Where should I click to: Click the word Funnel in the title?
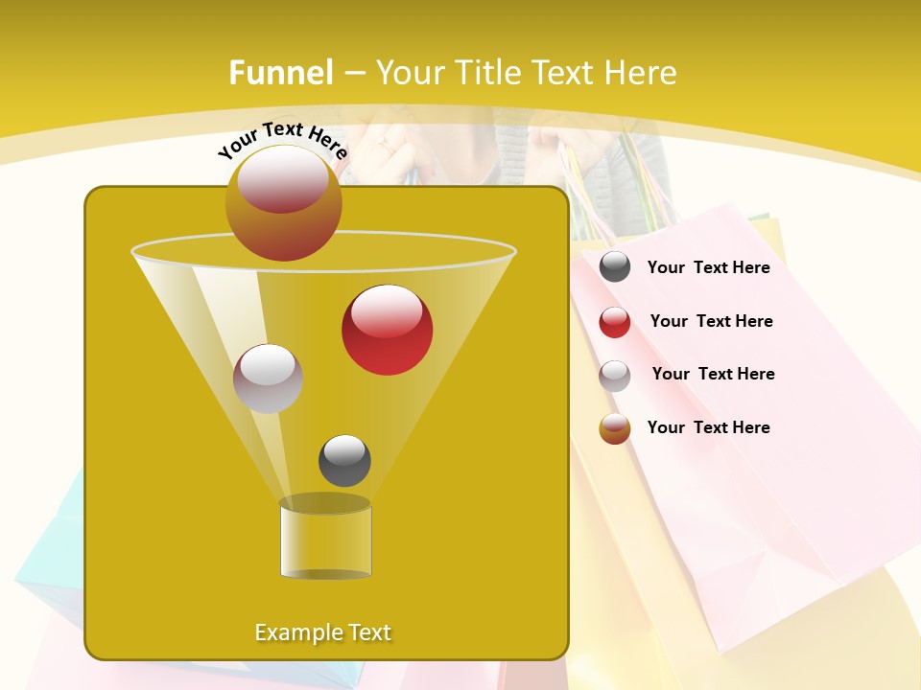(x=280, y=73)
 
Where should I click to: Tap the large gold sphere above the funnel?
(x=283, y=203)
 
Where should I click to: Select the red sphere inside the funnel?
(x=387, y=330)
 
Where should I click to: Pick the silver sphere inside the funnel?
(x=268, y=379)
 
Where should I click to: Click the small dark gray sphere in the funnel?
(x=344, y=460)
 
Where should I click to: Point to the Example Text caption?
(x=322, y=632)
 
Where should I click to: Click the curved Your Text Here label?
(x=282, y=139)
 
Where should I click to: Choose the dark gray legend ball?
(x=615, y=267)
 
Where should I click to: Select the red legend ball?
(x=615, y=322)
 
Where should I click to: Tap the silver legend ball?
(x=615, y=376)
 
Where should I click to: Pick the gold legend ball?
(x=615, y=428)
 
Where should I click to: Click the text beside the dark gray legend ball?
(x=708, y=267)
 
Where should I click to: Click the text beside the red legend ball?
(x=711, y=321)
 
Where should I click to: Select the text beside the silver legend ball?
(x=713, y=374)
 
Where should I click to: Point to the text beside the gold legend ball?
(x=708, y=427)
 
